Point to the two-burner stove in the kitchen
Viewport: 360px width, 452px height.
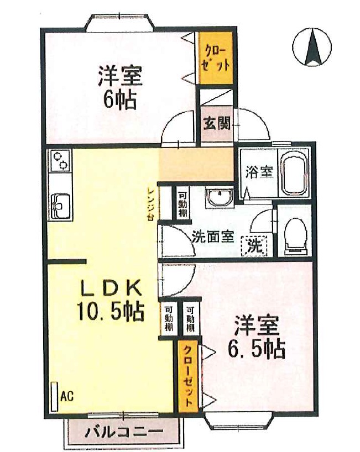click(59, 161)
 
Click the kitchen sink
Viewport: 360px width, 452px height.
click(59, 206)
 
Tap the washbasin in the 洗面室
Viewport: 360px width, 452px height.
click(220, 198)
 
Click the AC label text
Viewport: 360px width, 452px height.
click(66, 396)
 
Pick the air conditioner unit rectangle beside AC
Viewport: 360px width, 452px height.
click(54, 395)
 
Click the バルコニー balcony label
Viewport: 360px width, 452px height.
click(124, 430)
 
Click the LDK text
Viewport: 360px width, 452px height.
click(112, 288)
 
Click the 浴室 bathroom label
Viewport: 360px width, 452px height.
click(259, 172)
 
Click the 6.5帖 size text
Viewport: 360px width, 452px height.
click(256, 349)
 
